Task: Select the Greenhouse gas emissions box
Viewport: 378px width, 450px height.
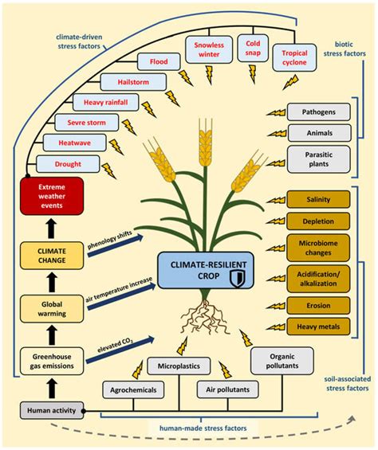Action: [x=51, y=361]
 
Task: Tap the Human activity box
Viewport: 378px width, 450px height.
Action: [x=51, y=410]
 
